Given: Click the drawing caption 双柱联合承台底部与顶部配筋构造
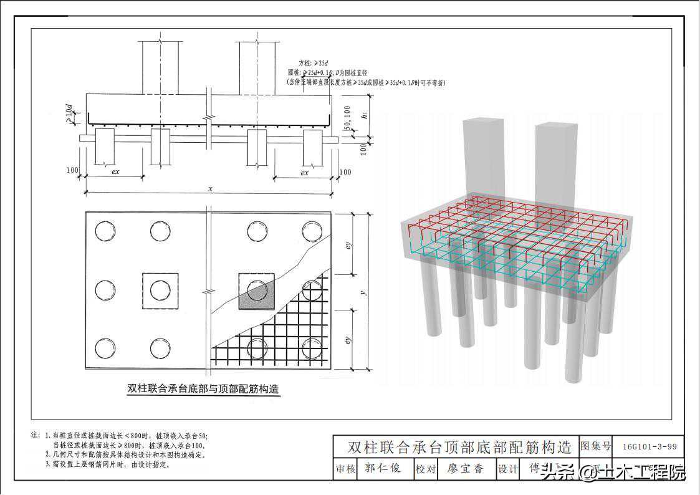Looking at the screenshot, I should [x=203, y=388].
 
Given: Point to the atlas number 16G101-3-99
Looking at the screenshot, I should [x=649, y=446].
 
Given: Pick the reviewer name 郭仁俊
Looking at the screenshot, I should [x=383, y=468].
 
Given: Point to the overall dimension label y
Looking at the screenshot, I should [x=363, y=291].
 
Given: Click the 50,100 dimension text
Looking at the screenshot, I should [x=346, y=119].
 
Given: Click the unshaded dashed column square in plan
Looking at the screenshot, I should [x=160, y=291].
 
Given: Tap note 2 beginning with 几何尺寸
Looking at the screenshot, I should [x=125, y=455].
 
